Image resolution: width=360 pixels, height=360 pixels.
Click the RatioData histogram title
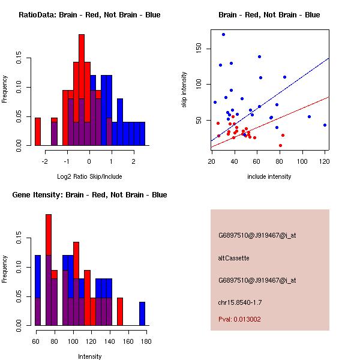(89, 15)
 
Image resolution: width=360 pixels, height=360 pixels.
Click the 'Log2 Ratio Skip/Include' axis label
(89, 176)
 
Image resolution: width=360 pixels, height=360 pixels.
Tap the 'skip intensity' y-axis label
(185, 91)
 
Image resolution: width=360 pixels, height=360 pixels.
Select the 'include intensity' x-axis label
(269, 176)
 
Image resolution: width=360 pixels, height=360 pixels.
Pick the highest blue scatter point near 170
(223, 34)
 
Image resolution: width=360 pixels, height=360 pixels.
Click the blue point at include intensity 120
(325, 125)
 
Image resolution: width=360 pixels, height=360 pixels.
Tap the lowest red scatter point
(280, 145)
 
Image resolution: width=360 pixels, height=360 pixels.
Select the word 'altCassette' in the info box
(233, 258)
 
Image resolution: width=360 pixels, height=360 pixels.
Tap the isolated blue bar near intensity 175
(142, 313)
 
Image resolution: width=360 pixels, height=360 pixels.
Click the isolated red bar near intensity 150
(120, 311)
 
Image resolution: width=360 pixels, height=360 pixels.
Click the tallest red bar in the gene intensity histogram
(49, 269)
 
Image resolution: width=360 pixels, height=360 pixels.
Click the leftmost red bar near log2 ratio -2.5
(38, 131)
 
